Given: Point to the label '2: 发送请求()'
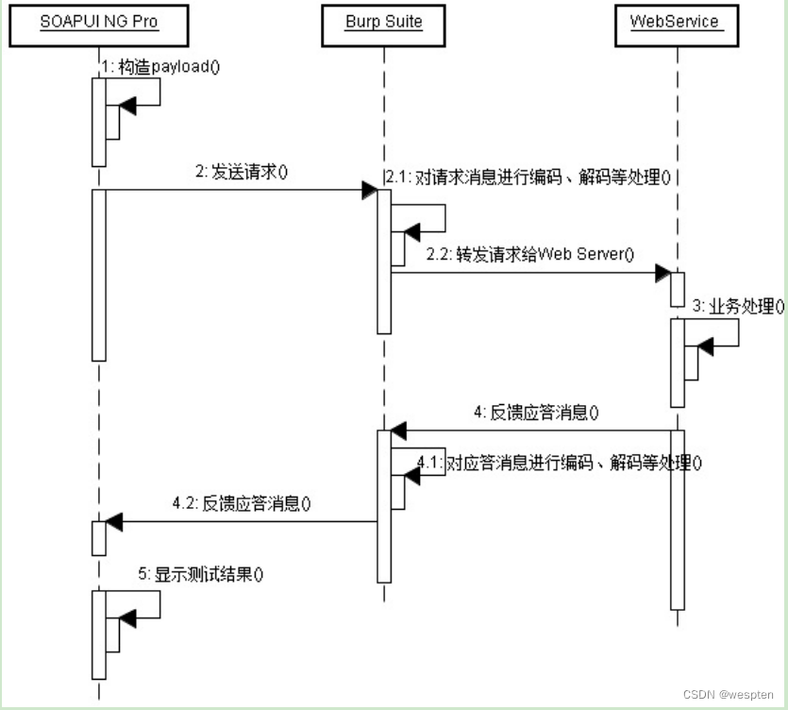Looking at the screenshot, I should pos(241,172).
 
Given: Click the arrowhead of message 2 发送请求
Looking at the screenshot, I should pos(369,190).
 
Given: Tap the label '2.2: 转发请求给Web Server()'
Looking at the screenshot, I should pos(530,255).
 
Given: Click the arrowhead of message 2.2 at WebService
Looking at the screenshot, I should pos(662,273).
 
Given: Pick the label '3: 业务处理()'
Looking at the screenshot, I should pos(739,306).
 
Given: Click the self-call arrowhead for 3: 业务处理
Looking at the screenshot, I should pos(706,348).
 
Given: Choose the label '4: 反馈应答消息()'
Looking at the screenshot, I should pos(537,412).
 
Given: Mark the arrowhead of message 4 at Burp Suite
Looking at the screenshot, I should pos(399,431).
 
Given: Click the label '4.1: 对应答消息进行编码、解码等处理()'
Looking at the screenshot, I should pos(560,463).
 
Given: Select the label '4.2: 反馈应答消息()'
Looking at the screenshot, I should pos(242,503).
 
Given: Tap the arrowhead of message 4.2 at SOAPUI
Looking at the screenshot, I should pos(114,521).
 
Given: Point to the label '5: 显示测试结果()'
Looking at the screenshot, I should pos(201,573).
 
